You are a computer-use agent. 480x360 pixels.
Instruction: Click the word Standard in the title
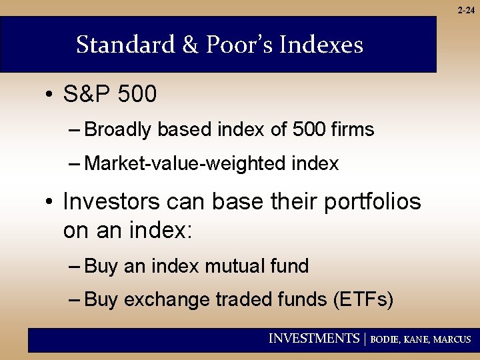pos(123,45)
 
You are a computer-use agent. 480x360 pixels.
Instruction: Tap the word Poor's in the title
pos(233,45)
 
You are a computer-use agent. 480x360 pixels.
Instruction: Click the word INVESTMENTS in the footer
pos(313,339)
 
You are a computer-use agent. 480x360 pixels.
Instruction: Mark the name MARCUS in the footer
pos(452,339)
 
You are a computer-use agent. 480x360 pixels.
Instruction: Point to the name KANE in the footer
pos(417,339)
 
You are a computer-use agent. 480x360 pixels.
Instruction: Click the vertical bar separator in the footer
pos(365,339)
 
